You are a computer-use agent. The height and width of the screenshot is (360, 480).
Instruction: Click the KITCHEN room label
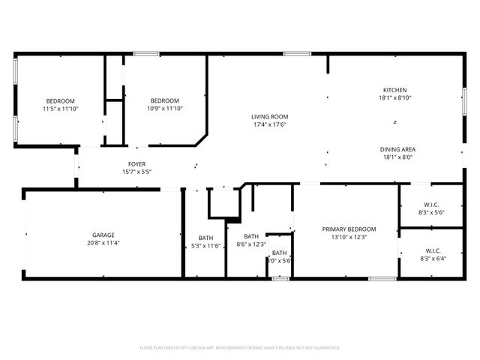(395, 90)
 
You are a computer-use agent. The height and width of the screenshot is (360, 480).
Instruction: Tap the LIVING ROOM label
(269, 116)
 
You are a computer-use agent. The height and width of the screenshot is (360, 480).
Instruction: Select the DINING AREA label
(397, 149)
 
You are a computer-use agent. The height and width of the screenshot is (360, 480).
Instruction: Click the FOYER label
(136, 164)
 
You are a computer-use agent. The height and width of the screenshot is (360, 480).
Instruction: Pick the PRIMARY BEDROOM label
(349, 229)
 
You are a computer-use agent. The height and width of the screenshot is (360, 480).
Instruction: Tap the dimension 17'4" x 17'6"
(269, 124)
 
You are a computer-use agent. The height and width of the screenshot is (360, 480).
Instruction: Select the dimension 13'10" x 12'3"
(349, 237)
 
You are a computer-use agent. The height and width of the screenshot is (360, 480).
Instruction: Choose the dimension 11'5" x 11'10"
(61, 109)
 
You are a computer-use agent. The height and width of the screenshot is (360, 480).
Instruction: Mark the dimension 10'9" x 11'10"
(164, 109)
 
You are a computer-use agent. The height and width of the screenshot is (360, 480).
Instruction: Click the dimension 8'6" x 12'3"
(251, 244)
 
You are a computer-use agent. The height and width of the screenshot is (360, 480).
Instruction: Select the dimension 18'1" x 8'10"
(395, 98)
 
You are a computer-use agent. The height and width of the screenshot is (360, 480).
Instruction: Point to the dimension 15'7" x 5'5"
(136, 172)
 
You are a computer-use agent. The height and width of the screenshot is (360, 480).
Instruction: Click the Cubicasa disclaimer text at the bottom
(240, 348)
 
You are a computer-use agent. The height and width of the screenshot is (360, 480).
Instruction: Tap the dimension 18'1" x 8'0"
(397, 157)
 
